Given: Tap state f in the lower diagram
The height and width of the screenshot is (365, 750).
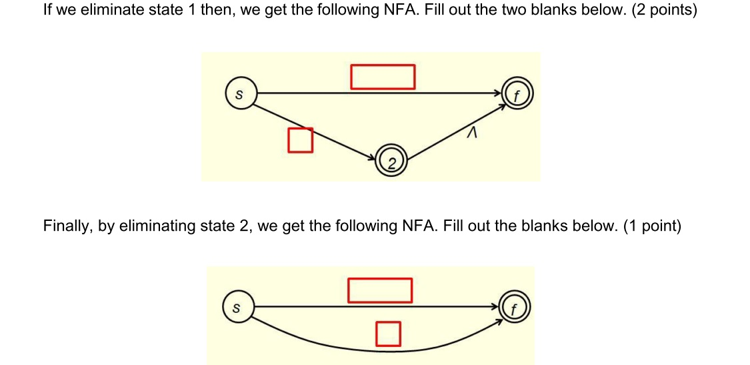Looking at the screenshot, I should pos(514,309).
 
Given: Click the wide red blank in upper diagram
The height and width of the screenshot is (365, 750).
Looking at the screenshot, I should pos(383,76).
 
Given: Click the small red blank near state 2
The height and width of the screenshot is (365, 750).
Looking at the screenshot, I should pos(300,139).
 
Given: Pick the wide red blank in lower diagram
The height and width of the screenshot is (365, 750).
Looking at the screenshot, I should pos(379,290).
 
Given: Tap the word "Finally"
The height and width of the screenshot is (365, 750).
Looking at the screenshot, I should pos(67,226).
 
